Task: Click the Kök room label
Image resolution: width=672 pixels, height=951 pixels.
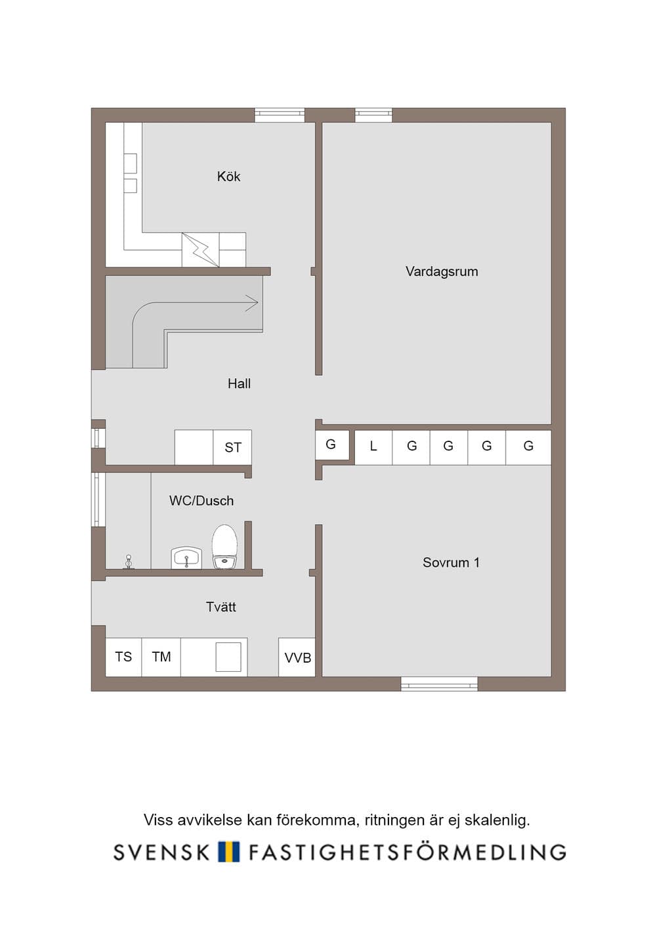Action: click(228, 176)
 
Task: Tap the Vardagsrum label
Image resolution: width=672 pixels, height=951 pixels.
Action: click(442, 271)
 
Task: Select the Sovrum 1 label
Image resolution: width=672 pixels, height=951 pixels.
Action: click(451, 563)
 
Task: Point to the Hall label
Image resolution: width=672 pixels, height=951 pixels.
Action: click(239, 384)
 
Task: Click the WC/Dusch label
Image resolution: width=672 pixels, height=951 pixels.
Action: click(201, 500)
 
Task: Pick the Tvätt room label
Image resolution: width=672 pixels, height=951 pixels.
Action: click(220, 607)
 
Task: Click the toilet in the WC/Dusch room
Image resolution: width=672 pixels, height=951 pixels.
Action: click(224, 547)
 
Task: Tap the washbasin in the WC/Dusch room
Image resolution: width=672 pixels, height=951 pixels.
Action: click(186, 558)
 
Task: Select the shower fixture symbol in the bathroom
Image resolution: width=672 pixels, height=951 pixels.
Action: click(128, 562)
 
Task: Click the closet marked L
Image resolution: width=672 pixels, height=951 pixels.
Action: click(373, 447)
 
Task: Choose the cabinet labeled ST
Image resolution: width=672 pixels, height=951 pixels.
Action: click(232, 447)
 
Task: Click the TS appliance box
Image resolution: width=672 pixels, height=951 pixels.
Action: click(123, 657)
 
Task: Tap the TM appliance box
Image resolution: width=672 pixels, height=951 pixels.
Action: click(161, 657)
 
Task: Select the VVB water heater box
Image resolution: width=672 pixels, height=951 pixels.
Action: click(297, 657)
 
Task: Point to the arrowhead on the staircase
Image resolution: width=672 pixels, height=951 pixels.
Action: click(253, 303)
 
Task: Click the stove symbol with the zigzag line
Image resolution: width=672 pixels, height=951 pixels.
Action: click(200, 250)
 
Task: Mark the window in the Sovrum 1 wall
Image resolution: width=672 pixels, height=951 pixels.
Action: click(440, 684)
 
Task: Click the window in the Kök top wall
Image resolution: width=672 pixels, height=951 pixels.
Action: click(280, 115)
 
